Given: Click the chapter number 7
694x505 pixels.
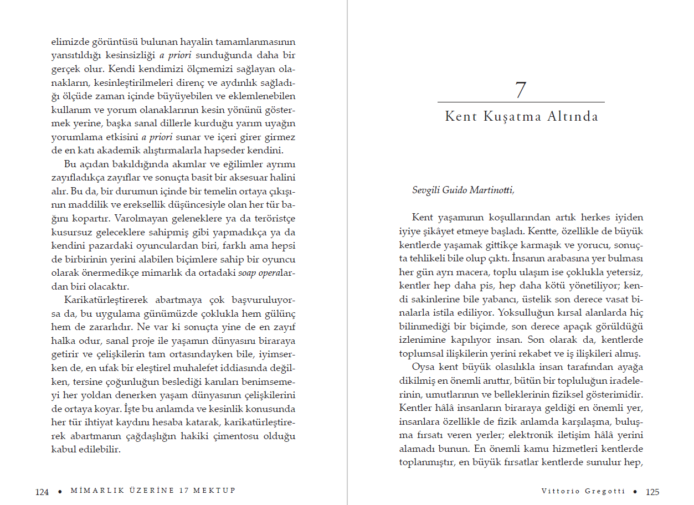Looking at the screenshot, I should point(521,90).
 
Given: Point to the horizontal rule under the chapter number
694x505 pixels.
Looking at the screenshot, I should point(521,102).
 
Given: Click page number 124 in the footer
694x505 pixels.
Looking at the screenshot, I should point(42,492).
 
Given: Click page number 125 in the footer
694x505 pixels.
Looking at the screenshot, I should point(652,492).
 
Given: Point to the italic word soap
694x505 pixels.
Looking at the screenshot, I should point(248,273).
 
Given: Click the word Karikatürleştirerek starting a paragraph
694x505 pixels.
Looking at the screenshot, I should point(105,300).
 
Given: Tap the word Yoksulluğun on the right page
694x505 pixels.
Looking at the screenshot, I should point(523,312).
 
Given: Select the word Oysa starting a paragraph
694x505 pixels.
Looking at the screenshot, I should point(423,367).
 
